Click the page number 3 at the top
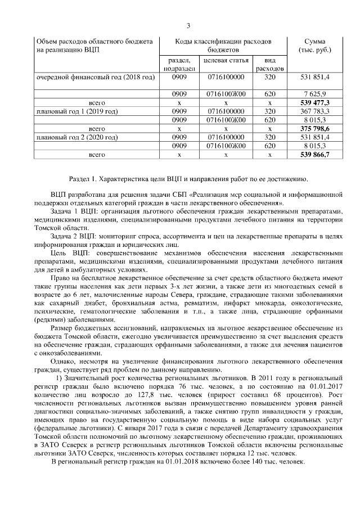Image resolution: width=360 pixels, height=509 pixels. (x=189, y=25)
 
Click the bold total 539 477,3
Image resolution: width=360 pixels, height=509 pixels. (x=316, y=103)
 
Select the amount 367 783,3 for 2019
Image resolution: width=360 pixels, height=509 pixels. (x=314, y=111)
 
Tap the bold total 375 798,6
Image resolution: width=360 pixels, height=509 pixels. (x=316, y=128)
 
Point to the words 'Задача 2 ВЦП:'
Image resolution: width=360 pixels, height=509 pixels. (x=74, y=238)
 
